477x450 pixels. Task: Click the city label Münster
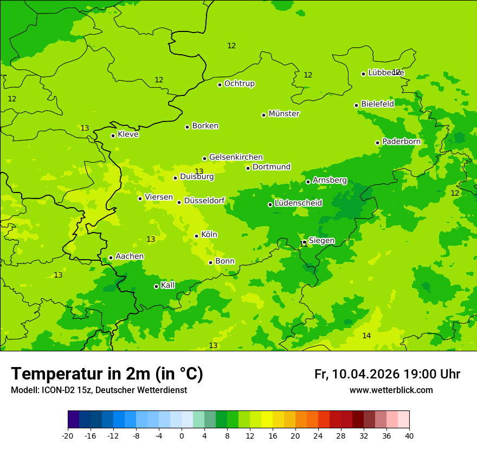point(284,114)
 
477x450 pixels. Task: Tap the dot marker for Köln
point(196,236)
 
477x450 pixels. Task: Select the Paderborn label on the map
point(401,142)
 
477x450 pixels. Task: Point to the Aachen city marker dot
point(111,258)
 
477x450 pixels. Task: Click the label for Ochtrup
point(239,83)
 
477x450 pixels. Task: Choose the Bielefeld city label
point(377,104)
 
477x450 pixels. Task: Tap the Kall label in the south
point(168,285)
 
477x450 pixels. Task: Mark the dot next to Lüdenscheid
point(270,204)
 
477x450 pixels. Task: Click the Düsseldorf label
point(204,201)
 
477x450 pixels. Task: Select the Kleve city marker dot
point(113,136)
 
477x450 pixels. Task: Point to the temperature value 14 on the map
point(366,336)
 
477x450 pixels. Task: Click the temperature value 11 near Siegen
point(304,245)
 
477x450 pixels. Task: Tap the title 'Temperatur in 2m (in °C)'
point(107,374)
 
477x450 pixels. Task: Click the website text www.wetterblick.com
point(391,390)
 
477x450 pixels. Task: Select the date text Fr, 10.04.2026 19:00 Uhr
point(387,374)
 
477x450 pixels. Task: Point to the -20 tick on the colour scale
point(68,435)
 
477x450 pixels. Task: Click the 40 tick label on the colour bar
point(409,435)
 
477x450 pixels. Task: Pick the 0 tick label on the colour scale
point(182,435)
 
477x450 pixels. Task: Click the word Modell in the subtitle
point(24,390)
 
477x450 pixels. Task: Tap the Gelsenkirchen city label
point(236,157)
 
